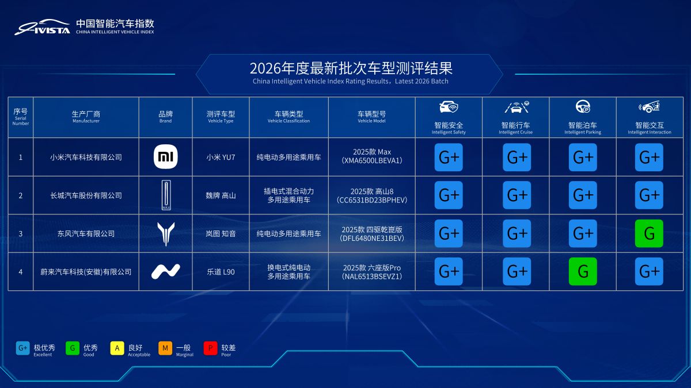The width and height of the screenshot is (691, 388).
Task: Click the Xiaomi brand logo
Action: [x=166, y=157]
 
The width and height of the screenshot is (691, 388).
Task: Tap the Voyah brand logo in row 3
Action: [x=166, y=233]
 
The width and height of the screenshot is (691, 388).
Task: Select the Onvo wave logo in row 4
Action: [x=166, y=271]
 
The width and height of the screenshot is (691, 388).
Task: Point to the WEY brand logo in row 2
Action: [x=166, y=195]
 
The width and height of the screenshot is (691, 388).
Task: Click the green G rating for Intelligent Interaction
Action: [x=649, y=233]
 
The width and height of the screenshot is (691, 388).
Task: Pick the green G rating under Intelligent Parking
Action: [x=583, y=271]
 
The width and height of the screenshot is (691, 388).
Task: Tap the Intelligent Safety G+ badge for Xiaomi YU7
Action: [x=449, y=157]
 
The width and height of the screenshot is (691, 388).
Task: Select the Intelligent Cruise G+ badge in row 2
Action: [x=517, y=195]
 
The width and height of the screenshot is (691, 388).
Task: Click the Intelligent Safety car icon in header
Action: [x=449, y=107]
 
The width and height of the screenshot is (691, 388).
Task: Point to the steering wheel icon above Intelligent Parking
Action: [x=583, y=107]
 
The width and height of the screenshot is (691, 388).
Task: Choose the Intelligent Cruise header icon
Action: [x=517, y=107]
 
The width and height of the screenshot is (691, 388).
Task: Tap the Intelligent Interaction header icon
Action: [x=649, y=107]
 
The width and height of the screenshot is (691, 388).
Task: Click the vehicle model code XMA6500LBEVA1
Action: [x=371, y=161]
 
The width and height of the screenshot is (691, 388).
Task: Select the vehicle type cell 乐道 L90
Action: [x=221, y=271]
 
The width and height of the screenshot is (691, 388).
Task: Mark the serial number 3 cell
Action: [x=21, y=233]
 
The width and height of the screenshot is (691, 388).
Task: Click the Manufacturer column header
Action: [x=86, y=117]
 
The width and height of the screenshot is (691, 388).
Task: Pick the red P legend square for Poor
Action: [x=210, y=348]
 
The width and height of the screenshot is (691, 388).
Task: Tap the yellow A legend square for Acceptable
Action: [x=117, y=348]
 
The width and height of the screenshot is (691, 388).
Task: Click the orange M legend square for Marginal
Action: [x=165, y=348]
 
